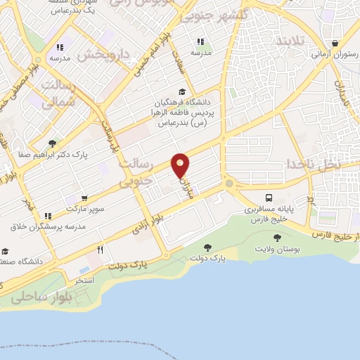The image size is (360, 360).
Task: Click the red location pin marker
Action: [181, 165]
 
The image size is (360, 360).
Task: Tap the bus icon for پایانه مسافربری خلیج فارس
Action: [270, 198]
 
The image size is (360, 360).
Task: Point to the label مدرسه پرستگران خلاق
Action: [48, 226]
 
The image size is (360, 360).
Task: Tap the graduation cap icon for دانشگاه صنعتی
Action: [6, 251]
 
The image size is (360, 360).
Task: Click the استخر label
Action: [84, 280]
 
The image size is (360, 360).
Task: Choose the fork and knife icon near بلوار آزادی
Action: [101, 250]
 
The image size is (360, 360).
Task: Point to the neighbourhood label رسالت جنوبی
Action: [134, 173]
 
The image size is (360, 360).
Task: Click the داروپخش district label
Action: [105, 54]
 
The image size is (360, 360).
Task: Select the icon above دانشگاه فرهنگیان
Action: [182, 91]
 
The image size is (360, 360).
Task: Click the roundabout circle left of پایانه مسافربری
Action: [229, 184]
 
